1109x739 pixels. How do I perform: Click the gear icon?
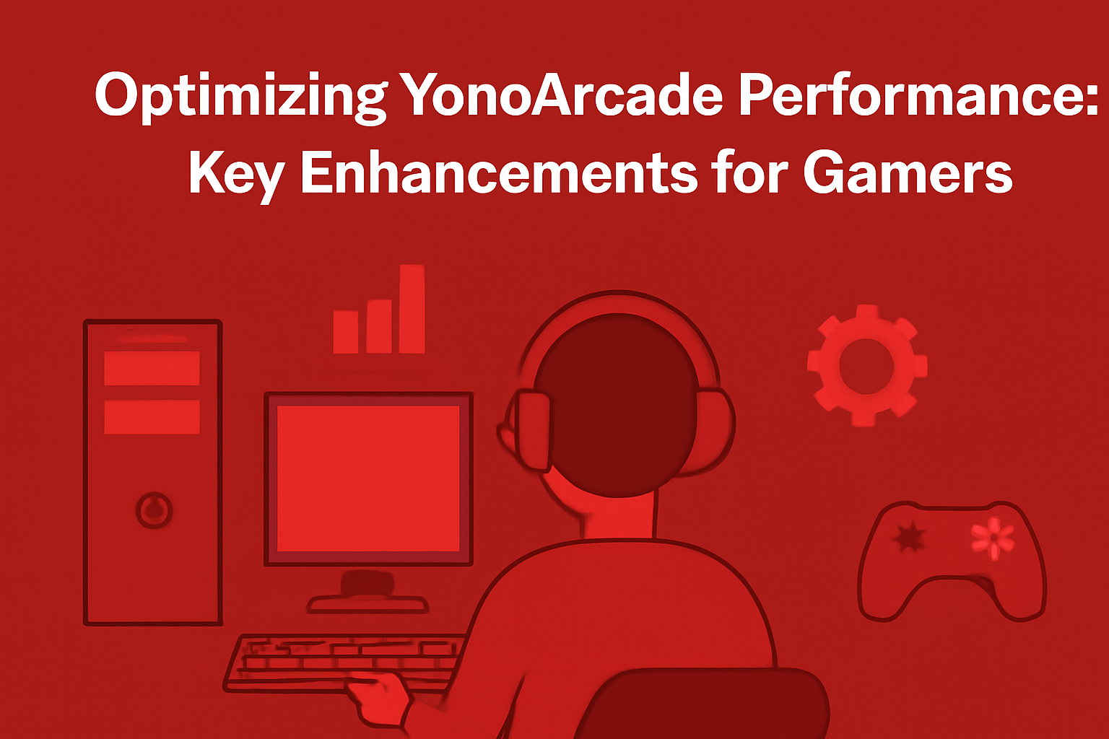point(866,364)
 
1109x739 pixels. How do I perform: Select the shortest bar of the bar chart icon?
point(346,332)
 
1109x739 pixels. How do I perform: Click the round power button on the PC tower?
point(154,511)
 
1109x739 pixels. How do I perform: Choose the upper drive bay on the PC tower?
point(152,368)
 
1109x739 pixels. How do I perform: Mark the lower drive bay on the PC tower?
point(152,417)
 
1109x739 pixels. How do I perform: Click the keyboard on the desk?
point(339,660)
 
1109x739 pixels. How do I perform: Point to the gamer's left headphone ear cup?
point(531,429)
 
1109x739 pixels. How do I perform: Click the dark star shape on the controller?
point(908,537)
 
